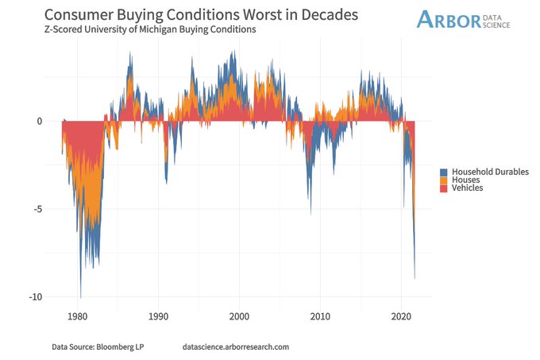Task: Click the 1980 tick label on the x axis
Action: click(x=78, y=316)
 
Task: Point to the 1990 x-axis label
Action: click(x=158, y=316)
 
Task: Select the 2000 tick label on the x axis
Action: click(x=239, y=316)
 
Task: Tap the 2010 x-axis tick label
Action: click(x=320, y=316)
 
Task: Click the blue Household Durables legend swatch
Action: click(x=445, y=171)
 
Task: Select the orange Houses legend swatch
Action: click(x=445, y=180)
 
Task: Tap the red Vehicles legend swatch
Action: click(x=445, y=188)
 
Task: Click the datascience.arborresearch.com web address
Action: click(x=235, y=347)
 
